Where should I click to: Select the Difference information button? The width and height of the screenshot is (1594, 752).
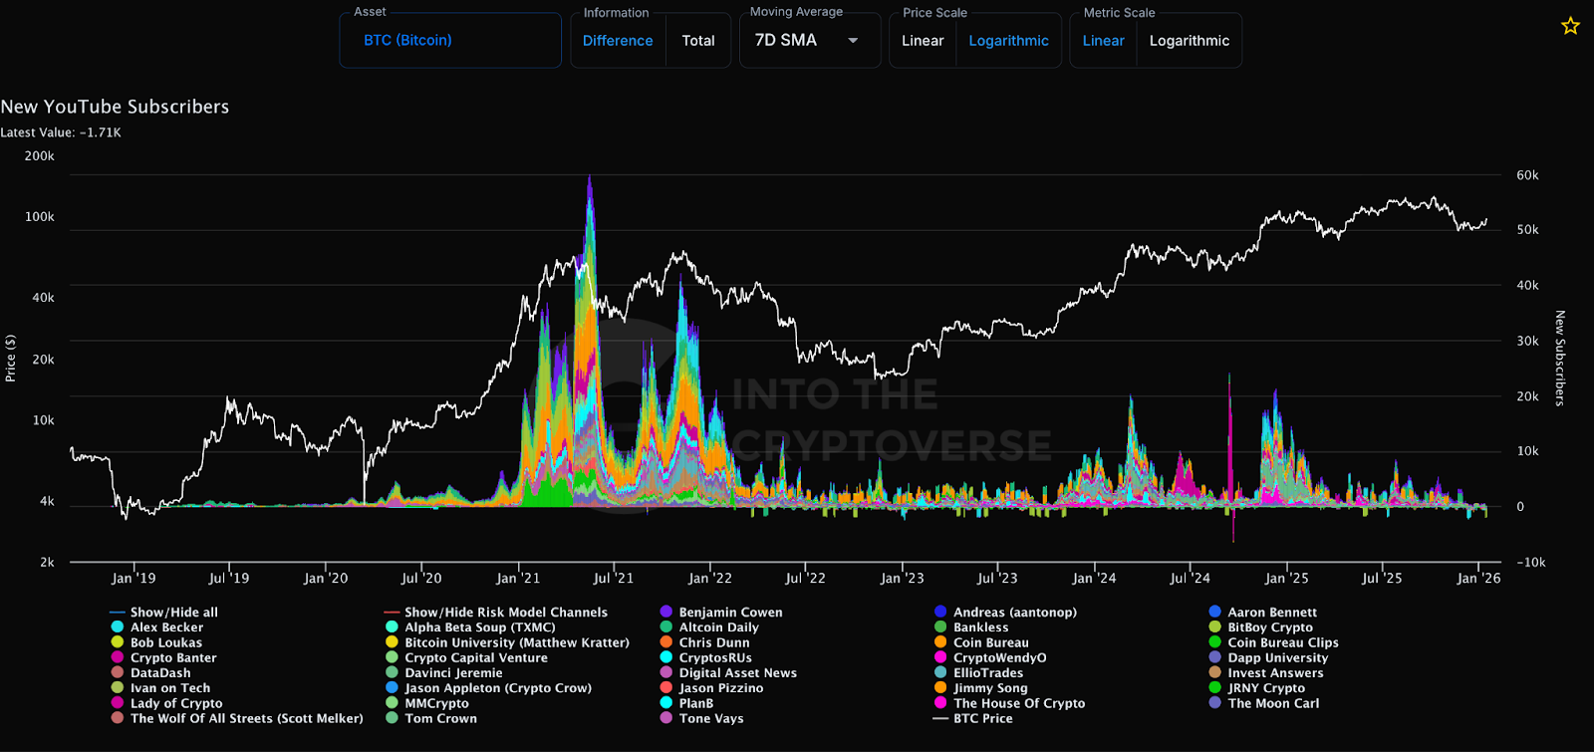(618, 41)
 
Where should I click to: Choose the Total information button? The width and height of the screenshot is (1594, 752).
(697, 41)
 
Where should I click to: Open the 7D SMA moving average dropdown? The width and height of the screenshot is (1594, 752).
(808, 41)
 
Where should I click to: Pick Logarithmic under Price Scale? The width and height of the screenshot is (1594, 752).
(1008, 41)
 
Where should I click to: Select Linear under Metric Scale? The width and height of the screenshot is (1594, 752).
(1103, 41)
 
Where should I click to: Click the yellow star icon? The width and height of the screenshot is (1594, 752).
(1570, 26)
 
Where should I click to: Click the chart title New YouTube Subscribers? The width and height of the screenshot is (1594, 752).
(115, 107)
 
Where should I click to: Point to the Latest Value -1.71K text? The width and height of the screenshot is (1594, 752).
(61, 132)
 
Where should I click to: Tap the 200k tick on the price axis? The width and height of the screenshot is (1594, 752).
(39, 156)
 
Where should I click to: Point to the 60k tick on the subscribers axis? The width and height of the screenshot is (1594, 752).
(1527, 175)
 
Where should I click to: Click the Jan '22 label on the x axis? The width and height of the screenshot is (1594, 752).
(709, 579)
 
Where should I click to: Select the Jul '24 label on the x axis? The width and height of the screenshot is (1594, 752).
(1190, 579)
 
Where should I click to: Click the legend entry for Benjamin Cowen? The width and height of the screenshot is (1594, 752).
(730, 613)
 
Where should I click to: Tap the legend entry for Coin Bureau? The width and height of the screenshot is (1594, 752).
(990, 642)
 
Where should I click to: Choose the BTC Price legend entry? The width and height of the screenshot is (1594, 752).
(982, 718)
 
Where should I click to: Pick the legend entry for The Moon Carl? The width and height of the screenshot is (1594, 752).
(1273, 703)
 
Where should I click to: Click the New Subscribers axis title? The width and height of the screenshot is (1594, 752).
(1560, 359)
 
